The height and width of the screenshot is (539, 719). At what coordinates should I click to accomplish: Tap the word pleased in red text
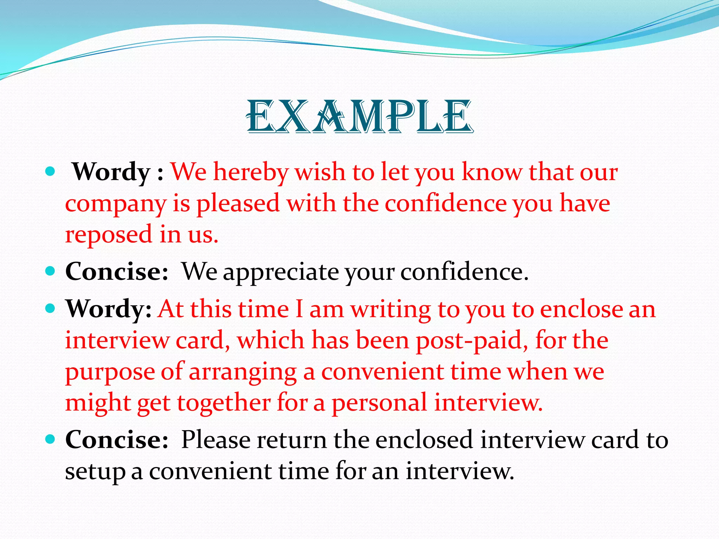click(x=238, y=204)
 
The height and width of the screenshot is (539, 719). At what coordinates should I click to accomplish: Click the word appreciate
click(x=281, y=272)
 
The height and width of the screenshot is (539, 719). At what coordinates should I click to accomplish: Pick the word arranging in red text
click(x=243, y=372)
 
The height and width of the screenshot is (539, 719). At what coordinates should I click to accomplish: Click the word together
click(x=224, y=403)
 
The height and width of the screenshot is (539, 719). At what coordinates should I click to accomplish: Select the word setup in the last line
click(x=95, y=471)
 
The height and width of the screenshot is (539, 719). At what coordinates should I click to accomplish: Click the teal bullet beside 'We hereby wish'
click(x=51, y=172)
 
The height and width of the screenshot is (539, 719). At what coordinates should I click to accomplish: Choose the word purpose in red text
click(x=110, y=372)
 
